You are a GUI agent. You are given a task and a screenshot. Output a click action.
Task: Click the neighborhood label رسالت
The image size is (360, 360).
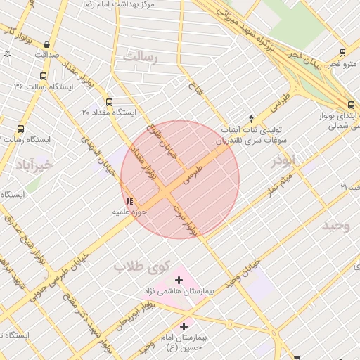(141, 57)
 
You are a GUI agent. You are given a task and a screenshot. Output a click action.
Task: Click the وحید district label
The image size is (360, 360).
(336, 226)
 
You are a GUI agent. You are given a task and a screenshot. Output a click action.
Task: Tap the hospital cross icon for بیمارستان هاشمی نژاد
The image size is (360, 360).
(179, 280)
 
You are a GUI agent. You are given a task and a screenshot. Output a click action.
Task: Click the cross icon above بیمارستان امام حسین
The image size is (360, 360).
(184, 326)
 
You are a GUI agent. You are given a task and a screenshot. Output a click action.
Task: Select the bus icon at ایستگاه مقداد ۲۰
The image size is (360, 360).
(108, 102)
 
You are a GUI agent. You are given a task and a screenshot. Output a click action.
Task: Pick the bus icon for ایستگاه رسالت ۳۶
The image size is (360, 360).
(44, 76)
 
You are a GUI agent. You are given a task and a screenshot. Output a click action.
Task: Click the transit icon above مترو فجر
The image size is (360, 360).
(342, 53)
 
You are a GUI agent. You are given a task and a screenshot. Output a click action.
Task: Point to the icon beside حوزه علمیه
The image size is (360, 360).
(128, 201)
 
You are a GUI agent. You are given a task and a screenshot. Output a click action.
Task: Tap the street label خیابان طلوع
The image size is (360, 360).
(162, 141)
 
